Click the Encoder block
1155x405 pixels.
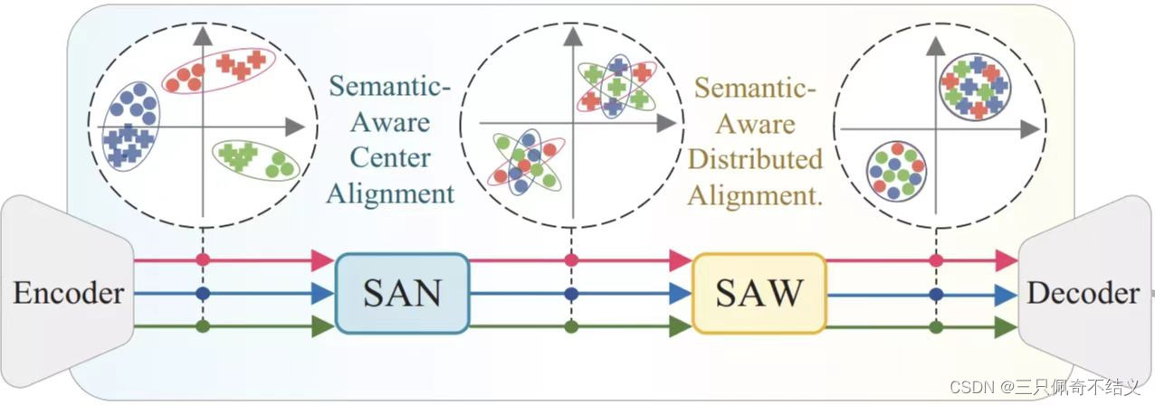68,293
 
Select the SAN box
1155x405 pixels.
402,293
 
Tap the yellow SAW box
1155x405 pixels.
759,293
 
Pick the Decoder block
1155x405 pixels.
1082,293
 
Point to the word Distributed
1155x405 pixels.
755,159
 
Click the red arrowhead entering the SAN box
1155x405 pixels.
322,260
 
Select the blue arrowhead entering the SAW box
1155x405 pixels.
680,293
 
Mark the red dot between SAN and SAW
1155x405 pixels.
571,260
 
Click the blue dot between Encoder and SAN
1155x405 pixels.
203,293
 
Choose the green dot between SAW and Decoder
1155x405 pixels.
937,326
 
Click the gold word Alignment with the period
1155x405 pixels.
755,193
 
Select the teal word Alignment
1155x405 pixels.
389,192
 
